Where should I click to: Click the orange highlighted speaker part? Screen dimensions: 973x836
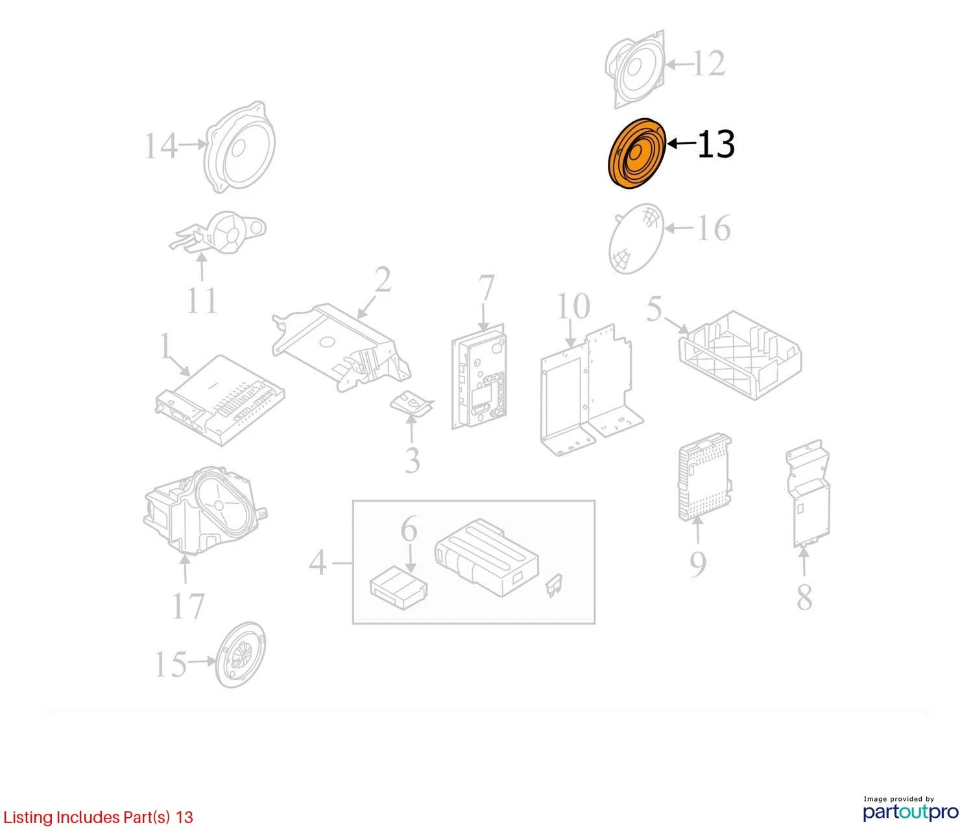click(x=636, y=154)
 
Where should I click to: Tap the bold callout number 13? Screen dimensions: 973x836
click(x=715, y=144)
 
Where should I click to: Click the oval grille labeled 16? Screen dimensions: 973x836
click(x=636, y=238)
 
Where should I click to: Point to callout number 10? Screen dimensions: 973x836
click(x=573, y=306)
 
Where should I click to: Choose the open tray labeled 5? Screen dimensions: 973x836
click(x=739, y=355)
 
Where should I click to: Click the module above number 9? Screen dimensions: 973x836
click(x=704, y=477)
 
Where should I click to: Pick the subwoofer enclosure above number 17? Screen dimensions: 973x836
click(x=205, y=510)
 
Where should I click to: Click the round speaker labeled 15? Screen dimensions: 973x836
click(x=240, y=662)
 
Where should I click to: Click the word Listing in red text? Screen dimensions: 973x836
click(x=29, y=817)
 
